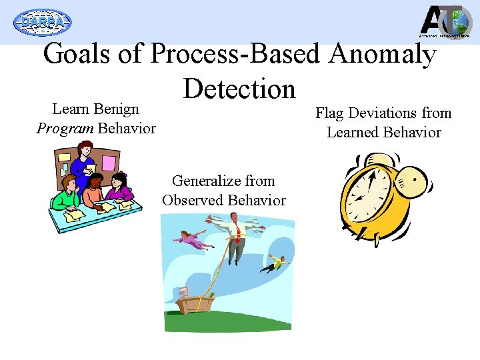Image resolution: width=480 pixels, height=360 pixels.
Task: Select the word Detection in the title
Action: [x=239, y=89]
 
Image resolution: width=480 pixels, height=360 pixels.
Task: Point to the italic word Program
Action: [x=65, y=127]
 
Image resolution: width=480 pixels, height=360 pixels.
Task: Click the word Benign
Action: [x=114, y=109]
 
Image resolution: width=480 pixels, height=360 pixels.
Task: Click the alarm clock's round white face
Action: [x=369, y=197]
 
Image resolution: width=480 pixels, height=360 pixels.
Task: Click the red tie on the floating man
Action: [x=237, y=234]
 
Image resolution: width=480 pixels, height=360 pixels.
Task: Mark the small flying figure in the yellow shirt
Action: [x=275, y=263]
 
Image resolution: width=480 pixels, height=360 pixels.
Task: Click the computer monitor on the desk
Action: [x=184, y=293]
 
